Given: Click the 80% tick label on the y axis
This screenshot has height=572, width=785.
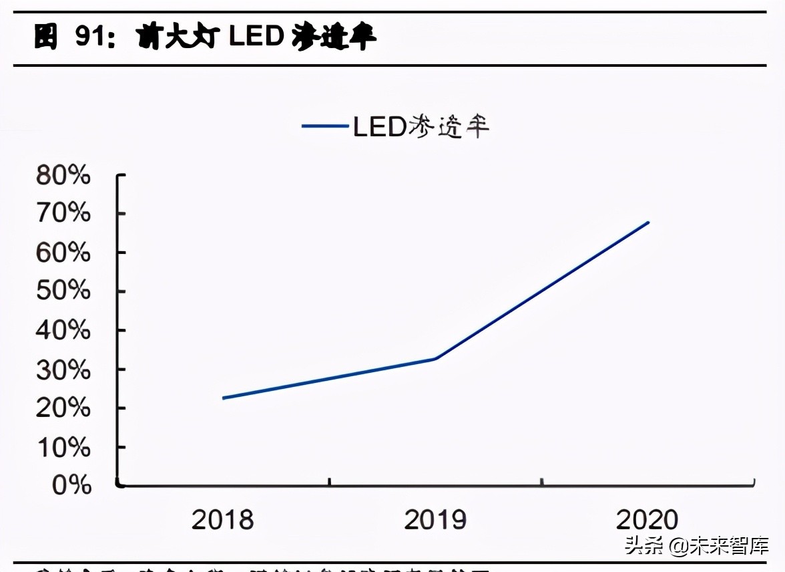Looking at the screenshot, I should (x=63, y=175).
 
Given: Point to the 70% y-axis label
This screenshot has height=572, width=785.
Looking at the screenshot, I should (x=63, y=214).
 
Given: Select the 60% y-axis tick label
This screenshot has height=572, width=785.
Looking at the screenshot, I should (x=63, y=253).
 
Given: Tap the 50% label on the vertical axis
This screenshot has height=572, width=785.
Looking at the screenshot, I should (x=63, y=291).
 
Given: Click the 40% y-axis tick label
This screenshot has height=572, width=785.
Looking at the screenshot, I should (x=63, y=330).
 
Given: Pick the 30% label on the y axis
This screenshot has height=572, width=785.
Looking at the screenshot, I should (x=63, y=369).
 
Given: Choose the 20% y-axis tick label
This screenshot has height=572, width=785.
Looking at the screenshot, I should (x=63, y=408).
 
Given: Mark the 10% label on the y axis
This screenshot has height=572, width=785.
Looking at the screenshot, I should (x=63, y=446).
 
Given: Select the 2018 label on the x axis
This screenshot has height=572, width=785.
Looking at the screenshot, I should (x=222, y=520).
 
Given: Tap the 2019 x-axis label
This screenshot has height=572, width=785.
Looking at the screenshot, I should (x=435, y=520).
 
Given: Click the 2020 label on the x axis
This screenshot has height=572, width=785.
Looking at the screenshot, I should (x=647, y=520).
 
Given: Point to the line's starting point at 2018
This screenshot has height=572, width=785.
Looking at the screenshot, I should (x=223, y=398).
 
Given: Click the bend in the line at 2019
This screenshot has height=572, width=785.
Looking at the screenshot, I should (x=435, y=359).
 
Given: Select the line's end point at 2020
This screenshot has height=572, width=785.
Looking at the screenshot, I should (x=647, y=223).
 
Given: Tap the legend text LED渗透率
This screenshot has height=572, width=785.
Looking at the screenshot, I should (x=421, y=126).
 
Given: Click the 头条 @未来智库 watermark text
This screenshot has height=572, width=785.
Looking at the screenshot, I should (x=696, y=546).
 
